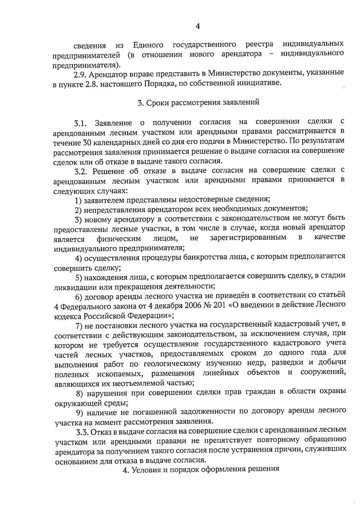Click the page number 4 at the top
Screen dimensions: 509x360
pos(197,26)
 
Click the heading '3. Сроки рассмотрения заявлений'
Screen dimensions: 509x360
pos(198,103)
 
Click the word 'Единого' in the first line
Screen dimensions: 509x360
pos(148,45)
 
